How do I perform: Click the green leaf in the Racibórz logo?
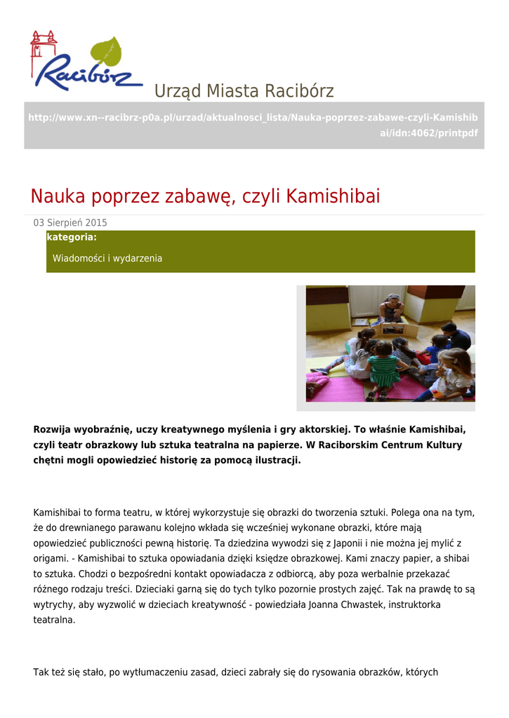click(106, 52)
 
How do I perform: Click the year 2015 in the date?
click(96, 223)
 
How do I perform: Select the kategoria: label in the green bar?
click(72, 238)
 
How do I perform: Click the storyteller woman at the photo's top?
click(392, 309)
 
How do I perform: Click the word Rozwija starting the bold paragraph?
click(54, 429)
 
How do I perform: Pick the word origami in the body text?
click(50, 558)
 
